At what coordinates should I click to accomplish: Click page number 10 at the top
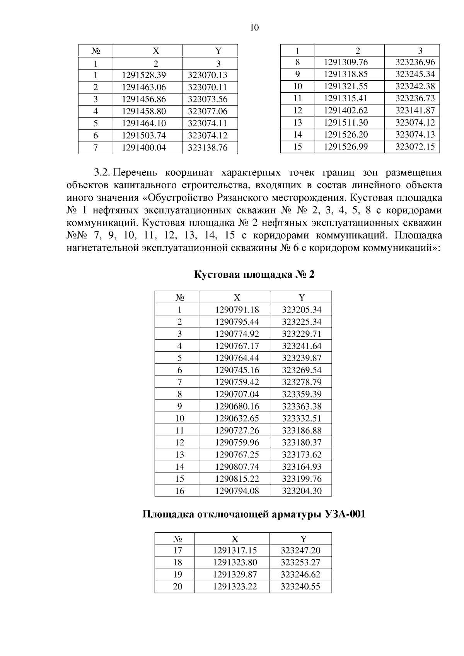[x=254, y=27]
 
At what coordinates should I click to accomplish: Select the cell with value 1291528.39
[x=143, y=75]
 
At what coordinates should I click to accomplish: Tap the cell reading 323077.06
[x=208, y=112]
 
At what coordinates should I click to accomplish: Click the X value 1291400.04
[x=143, y=148]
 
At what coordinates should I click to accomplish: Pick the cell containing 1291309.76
[x=346, y=62]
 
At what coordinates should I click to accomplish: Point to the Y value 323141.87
[x=415, y=110]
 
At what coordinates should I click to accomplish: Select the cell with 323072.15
[x=415, y=147]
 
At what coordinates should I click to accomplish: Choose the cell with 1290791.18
[x=237, y=310]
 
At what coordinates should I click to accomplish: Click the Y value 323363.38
[x=302, y=406]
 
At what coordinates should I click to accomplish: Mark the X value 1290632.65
[x=237, y=418]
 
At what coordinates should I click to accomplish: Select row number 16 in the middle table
[x=179, y=491]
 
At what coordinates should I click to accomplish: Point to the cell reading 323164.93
[x=302, y=467]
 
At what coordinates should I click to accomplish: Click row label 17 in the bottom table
[x=177, y=551]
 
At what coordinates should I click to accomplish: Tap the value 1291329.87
[x=235, y=574]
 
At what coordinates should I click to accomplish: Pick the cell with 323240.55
[x=300, y=587]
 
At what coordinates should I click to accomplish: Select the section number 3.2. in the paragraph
[x=103, y=172]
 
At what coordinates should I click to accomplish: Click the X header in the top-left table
[x=156, y=51]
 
